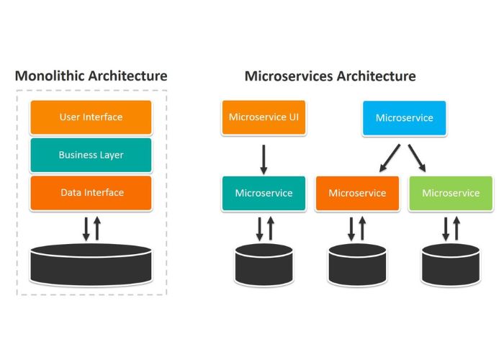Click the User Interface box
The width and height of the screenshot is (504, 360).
coord(91,117)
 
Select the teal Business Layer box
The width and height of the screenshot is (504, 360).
coord(91,155)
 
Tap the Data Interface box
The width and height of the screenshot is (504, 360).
coord(91,192)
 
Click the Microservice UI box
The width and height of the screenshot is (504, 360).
coord(264,117)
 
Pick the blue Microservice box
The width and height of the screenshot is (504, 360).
coord(404,117)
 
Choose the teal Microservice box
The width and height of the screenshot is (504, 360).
coord(264,193)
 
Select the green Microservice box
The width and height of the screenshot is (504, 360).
coord(450,193)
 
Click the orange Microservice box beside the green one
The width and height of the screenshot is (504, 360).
coord(357,193)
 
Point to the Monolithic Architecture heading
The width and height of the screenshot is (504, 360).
coord(91,76)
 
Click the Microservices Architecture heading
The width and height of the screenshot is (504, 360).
coord(330,76)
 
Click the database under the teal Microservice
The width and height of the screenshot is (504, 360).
coord(264,264)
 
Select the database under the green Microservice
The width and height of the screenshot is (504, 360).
coord(450,264)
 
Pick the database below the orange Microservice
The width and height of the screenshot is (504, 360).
coord(357,264)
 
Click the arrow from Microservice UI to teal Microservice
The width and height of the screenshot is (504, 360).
coord(264,159)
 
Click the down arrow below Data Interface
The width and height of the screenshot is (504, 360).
coord(86,228)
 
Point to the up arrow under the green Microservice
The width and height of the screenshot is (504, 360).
coord(456,228)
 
